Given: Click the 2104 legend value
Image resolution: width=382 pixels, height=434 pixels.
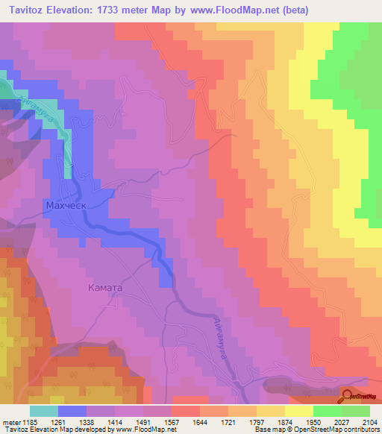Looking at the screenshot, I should tap(369, 423).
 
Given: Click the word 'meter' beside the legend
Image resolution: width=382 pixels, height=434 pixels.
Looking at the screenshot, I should tap(10, 423).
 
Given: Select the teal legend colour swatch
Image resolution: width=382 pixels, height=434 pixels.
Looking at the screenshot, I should tap(44, 411).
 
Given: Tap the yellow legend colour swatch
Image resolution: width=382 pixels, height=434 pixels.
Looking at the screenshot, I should tap(298, 411).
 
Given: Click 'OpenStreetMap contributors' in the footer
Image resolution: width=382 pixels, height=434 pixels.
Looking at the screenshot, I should tap(339, 430).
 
